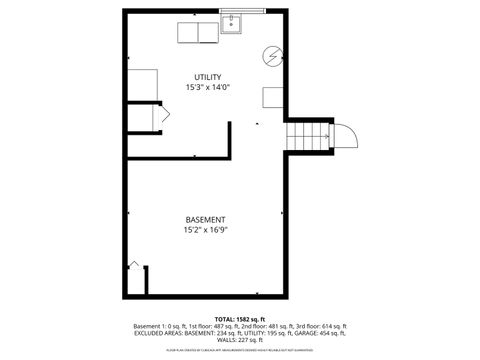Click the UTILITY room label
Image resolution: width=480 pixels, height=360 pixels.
207,77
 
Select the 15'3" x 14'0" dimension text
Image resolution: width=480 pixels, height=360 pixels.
207,87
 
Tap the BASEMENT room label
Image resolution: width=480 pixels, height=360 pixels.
205,219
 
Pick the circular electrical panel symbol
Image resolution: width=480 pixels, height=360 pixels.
271,54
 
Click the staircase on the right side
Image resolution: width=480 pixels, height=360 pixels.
308,133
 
